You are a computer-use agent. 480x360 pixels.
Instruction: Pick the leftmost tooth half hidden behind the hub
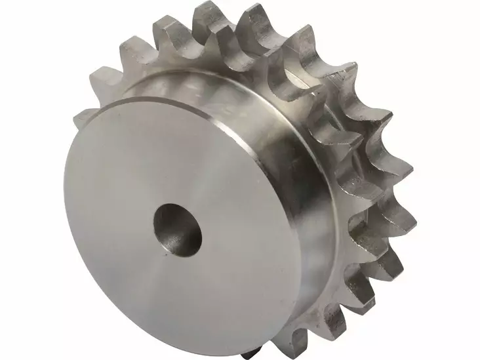click(x=82, y=118)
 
